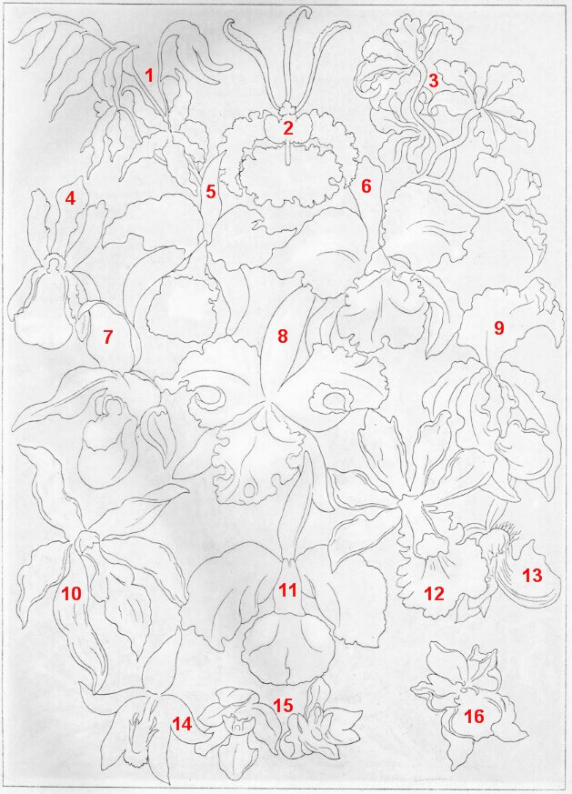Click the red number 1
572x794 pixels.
(149, 75)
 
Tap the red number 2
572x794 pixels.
(288, 128)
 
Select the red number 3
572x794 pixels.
(433, 81)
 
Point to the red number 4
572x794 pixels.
(70, 198)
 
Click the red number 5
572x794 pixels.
(211, 193)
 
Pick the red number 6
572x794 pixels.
(366, 186)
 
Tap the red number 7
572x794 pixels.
(107, 337)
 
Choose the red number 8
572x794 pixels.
(283, 336)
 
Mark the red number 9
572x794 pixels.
(499, 328)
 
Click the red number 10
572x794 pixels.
(71, 594)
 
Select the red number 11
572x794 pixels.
(287, 590)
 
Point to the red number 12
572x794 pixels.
(435, 594)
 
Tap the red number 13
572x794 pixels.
(532, 576)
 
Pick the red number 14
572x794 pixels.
(182, 724)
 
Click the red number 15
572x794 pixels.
(284, 705)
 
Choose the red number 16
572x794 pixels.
(475, 717)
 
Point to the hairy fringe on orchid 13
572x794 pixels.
(507, 532)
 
